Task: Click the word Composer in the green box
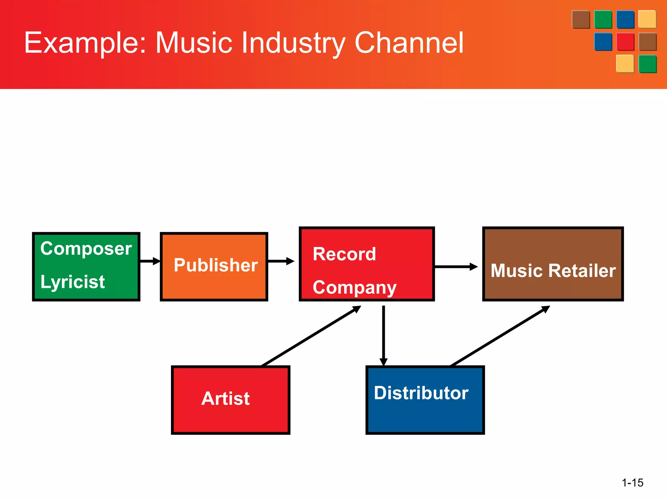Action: point(86,249)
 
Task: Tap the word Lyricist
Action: point(72,282)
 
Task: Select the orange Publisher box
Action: point(214,266)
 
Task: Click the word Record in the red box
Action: point(344,254)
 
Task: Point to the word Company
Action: point(354,288)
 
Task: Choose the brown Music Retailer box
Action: point(553,264)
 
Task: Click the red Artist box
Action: point(230,400)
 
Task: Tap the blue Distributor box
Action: point(425,400)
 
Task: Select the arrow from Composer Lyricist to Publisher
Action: point(150,261)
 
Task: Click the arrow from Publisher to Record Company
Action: point(281,261)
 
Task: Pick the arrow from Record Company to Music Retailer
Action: point(456,267)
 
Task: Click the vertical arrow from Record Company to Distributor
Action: point(384,335)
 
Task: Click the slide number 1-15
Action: point(632,482)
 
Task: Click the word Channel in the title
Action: point(409,43)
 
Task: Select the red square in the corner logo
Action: point(625,42)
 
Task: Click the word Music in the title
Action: point(194,43)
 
